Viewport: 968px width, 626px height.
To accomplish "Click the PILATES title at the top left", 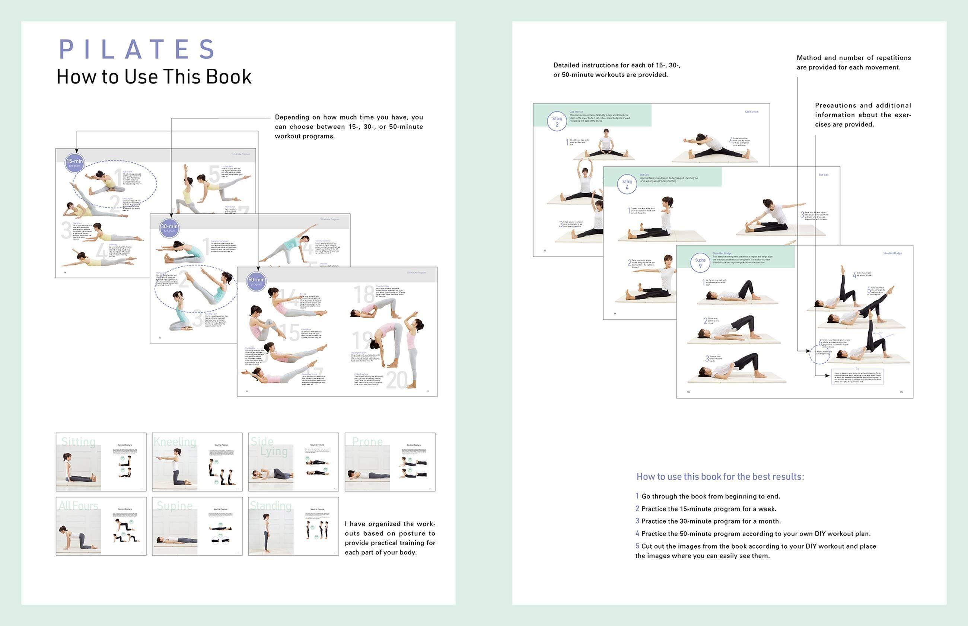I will coord(137,49).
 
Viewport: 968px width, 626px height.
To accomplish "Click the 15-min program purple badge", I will coord(74,163).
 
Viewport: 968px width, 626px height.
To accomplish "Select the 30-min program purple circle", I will coord(169,228).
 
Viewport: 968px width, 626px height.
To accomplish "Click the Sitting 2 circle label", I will coord(557,121).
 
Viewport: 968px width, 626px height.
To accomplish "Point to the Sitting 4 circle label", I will coord(627,184).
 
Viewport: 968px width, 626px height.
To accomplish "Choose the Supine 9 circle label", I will coord(700,263).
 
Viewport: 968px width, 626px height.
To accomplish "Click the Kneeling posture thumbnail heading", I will coord(175,441).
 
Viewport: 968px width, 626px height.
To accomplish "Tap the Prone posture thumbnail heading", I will coord(367,441).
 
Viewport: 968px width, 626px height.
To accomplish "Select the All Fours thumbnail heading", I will coord(79,506).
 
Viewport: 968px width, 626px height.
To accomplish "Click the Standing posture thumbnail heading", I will coord(271,506).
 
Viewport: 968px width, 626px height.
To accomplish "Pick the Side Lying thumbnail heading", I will coord(268,446).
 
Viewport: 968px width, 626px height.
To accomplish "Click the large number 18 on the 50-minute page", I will coord(364,294).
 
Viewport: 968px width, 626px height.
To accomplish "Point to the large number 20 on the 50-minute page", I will coord(397,380).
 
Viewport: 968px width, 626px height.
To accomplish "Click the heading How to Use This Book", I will coord(154,76).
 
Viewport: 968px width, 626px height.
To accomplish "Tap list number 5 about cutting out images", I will coord(637,546).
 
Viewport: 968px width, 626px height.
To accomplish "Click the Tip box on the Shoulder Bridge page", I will coord(857,376).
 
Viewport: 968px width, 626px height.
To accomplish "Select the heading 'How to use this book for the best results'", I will coord(720,476).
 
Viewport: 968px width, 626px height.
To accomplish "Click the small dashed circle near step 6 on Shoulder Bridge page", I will coord(818,354).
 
